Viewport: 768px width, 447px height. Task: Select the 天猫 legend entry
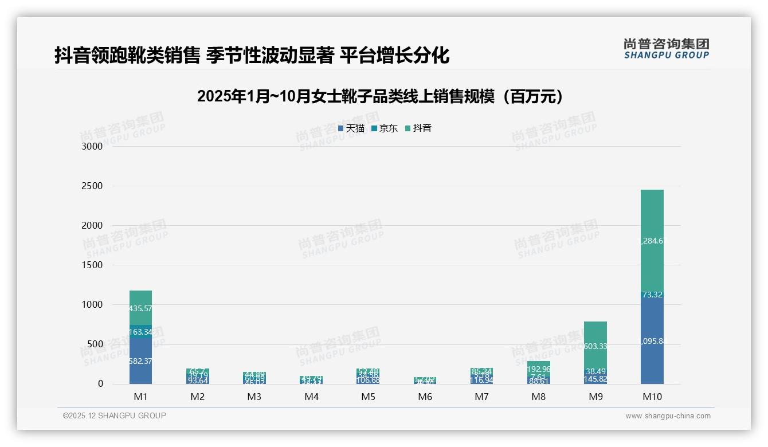pos(351,128)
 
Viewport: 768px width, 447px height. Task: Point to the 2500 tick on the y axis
pos(92,186)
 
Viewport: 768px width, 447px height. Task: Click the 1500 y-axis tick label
pos(92,265)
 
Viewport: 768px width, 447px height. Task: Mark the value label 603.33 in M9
pos(595,346)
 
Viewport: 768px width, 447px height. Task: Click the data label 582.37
pos(140,361)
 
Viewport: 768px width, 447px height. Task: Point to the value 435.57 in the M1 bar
pos(140,308)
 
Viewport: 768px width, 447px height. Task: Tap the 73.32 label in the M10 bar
pos(652,295)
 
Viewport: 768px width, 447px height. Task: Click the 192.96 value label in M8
pos(539,369)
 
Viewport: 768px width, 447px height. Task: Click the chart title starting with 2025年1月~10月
pos(380,96)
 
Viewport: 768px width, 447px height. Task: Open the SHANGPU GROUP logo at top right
pos(666,48)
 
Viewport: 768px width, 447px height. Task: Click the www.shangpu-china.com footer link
pos(668,416)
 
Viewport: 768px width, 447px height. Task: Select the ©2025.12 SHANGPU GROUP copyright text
pos(115,415)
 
